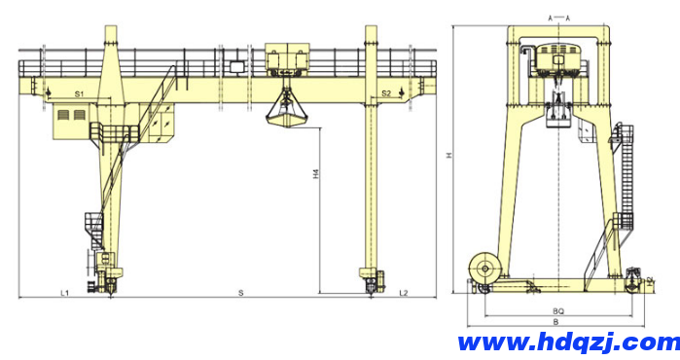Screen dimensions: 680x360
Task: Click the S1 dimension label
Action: coord(79,93)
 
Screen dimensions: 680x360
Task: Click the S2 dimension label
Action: coord(386,93)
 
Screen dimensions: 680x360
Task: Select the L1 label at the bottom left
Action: coord(64,293)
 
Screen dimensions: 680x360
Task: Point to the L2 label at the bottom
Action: coord(404,293)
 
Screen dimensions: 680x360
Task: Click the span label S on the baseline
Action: coord(240,293)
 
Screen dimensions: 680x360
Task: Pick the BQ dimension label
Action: coord(558,311)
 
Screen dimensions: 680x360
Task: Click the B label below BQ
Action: coord(556,322)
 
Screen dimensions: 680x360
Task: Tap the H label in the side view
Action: coord(449,155)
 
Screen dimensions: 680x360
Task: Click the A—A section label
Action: coord(559,18)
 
